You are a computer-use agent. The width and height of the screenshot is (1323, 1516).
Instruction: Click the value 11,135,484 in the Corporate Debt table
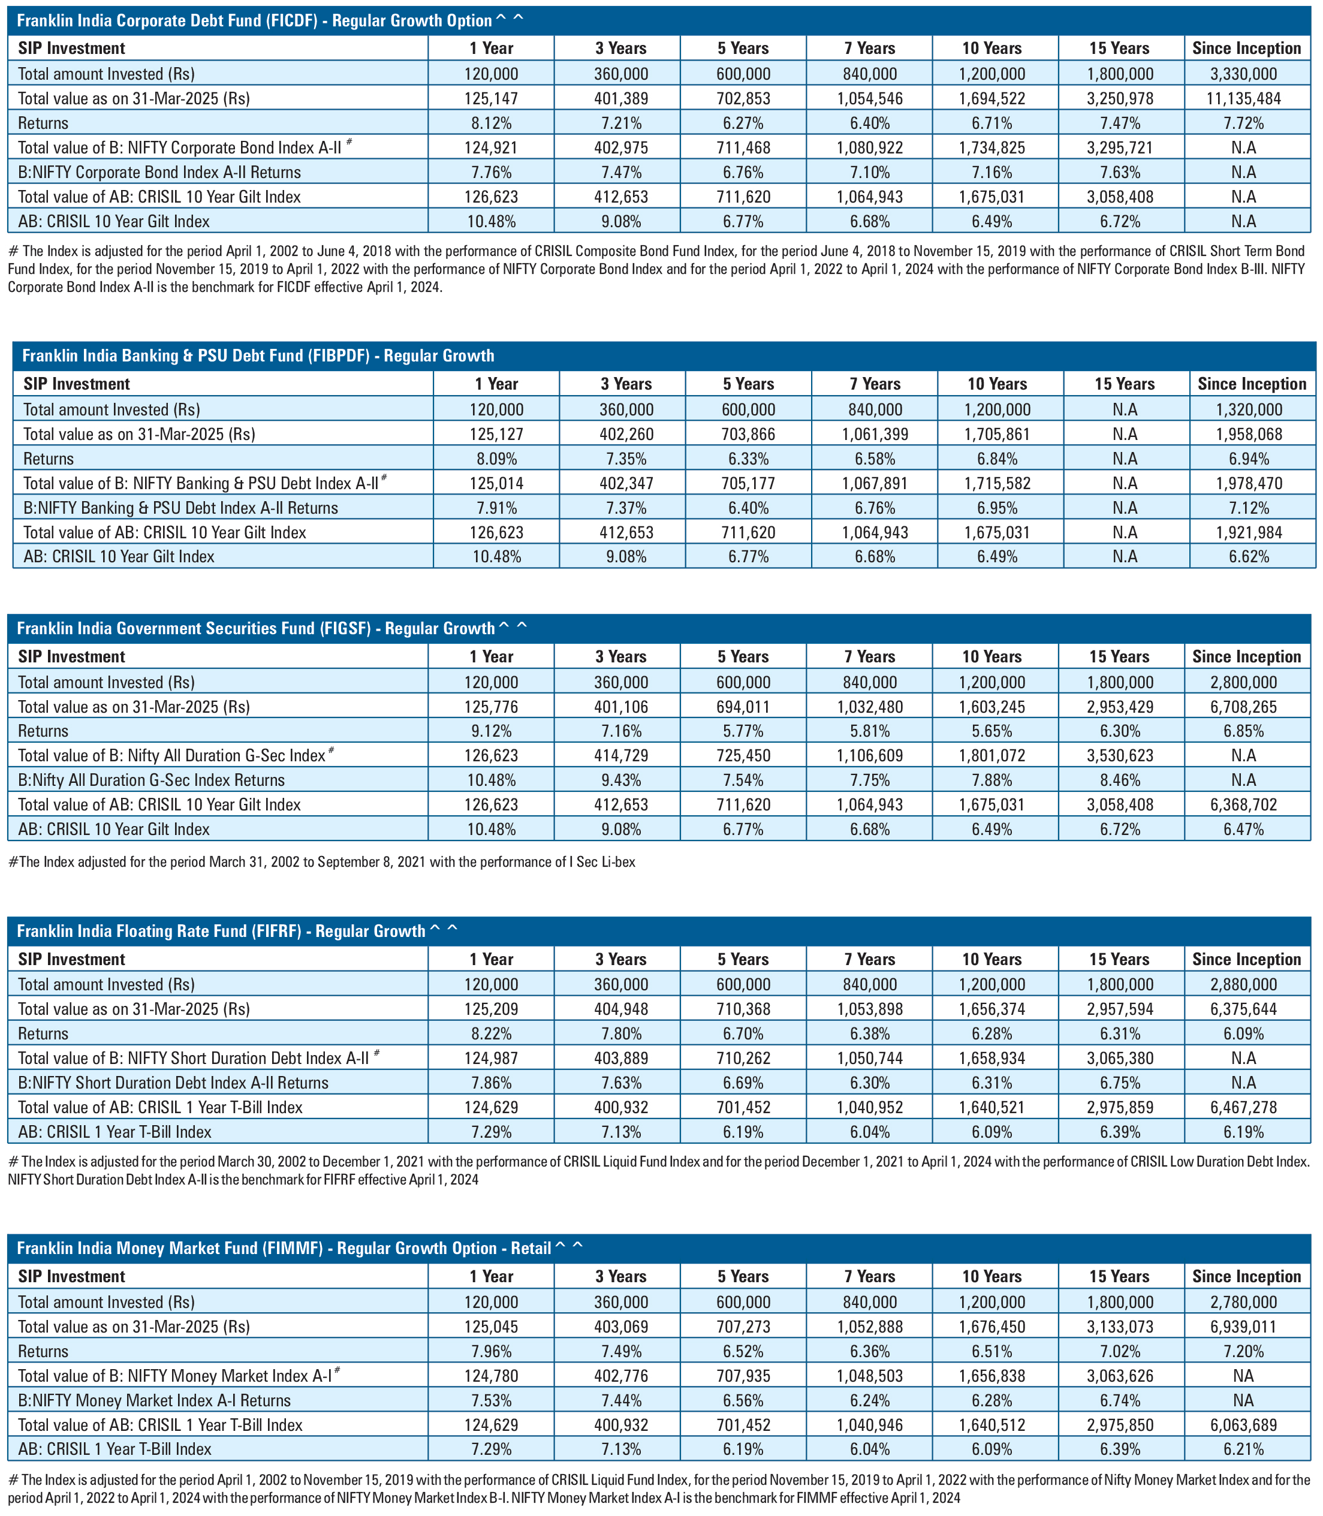(x=1247, y=98)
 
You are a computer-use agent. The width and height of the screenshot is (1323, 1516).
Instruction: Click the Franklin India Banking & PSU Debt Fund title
(x=258, y=355)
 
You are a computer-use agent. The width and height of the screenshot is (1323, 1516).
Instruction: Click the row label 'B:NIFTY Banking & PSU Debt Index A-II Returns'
(x=181, y=508)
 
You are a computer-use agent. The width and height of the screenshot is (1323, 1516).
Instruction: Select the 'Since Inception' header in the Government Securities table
(x=1247, y=657)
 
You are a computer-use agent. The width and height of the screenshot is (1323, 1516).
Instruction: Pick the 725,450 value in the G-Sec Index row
(x=743, y=755)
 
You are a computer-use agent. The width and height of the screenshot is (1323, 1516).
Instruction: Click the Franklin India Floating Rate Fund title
(x=221, y=932)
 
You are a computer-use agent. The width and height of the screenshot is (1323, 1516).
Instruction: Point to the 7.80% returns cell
(x=621, y=1033)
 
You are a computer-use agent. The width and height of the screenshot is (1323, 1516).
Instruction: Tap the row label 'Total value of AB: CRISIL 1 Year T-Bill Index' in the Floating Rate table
(x=160, y=1107)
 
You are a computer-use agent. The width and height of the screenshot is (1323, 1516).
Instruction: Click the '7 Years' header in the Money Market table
(x=870, y=1276)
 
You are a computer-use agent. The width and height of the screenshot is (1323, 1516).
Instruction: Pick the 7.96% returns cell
(x=491, y=1351)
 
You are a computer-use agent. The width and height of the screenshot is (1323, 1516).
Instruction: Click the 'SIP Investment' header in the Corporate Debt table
(x=71, y=49)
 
